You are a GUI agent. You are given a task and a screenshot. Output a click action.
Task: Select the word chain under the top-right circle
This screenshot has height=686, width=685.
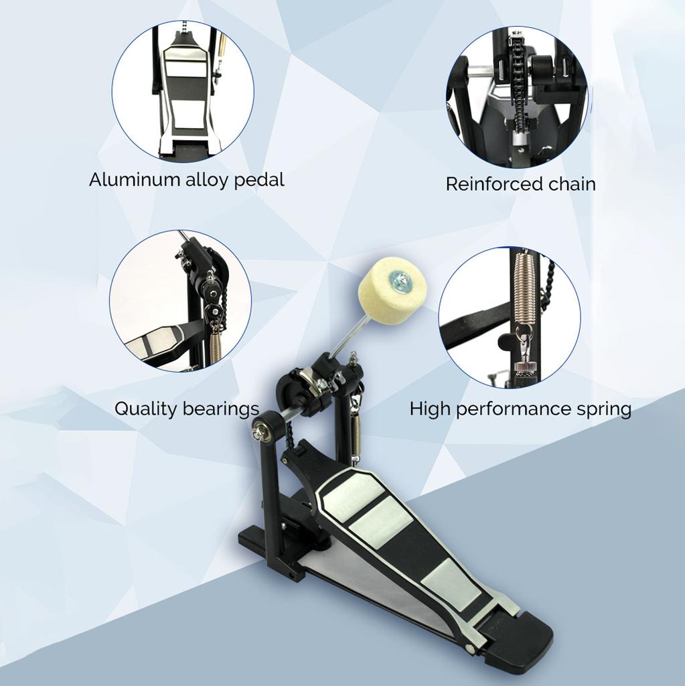coord(569,184)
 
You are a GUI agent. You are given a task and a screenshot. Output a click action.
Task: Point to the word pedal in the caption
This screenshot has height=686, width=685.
coord(259,180)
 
